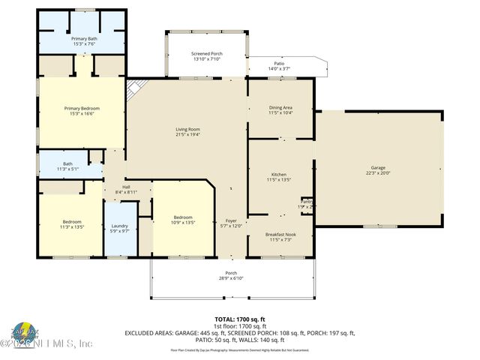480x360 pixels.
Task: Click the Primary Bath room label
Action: (84, 37)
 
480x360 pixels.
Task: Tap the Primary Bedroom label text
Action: (81, 108)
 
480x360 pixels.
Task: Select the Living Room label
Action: (187, 129)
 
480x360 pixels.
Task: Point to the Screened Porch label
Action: (206, 54)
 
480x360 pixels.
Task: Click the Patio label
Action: (279, 64)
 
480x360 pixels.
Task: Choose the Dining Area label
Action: (280, 107)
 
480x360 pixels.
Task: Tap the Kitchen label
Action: (278, 173)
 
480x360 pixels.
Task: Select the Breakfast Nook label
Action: (280, 234)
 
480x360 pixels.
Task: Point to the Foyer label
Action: (231, 220)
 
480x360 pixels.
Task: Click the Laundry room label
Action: (120, 226)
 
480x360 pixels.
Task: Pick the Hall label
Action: (127, 187)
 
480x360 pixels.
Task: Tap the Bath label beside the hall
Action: (67, 163)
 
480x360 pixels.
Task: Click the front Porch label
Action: (231, 273)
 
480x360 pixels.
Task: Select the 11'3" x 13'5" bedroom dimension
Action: (73, 226)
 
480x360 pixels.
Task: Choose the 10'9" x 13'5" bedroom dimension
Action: (183, 223)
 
